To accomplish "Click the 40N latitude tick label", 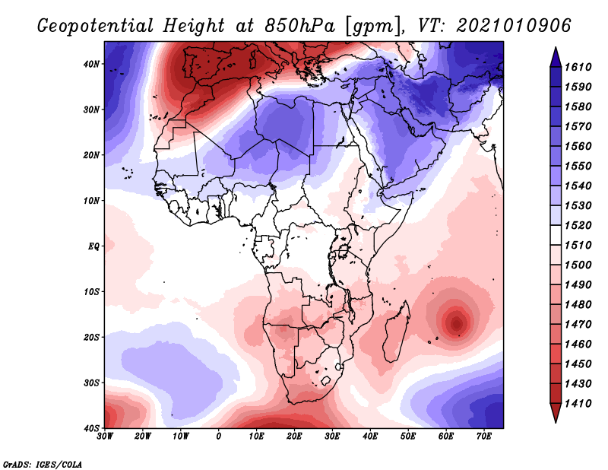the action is [x=91, y=64].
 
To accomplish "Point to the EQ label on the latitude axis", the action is [x=93, y=246].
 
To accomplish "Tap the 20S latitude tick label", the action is [x=91, y=337].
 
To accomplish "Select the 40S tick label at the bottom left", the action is [x=91, y=428].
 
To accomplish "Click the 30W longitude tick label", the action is [x=105, y=437].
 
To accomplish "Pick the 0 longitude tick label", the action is [x=219, y=437].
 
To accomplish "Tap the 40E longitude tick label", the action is [x=370, y=437].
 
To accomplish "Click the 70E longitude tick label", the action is [x=484, y=437].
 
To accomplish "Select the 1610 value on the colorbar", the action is [x=578, y=67].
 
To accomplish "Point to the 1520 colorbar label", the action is [x=578, y=225].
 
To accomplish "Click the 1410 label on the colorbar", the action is [x=578, y=404].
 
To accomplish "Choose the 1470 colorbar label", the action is [x=578, y=325].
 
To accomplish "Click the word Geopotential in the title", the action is [x=95, y=27].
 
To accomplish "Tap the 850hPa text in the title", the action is [x=299, y=26].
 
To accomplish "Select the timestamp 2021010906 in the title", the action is [x=514, y=26].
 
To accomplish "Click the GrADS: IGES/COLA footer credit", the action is [x=43, y=464].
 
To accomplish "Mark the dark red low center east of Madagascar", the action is [x=457, y=323].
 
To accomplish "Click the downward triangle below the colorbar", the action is [x=556, y=413].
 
